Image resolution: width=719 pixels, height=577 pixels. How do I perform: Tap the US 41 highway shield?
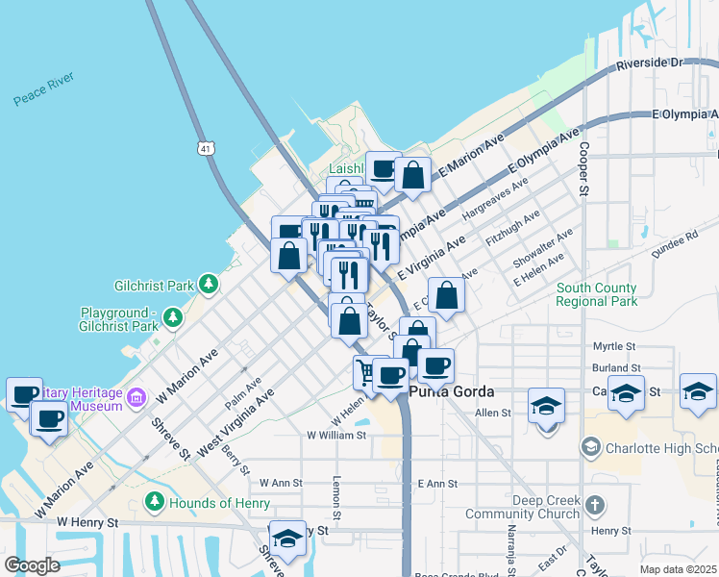coord(206,148)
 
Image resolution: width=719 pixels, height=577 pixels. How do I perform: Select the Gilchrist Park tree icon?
coord(208,284)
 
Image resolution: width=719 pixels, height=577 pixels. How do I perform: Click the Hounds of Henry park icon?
coord(154,502)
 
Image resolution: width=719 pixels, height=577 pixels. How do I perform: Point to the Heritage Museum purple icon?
coord(136,397)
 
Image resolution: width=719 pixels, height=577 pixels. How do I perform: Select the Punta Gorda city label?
coord(451,392)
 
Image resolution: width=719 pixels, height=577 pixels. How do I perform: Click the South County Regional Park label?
coord(596,294)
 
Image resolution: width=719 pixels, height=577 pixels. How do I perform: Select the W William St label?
coord(336,435)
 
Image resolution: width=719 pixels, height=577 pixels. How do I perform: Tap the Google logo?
coord(32,565)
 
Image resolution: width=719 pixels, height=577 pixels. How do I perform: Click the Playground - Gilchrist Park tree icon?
coord(172,316)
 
